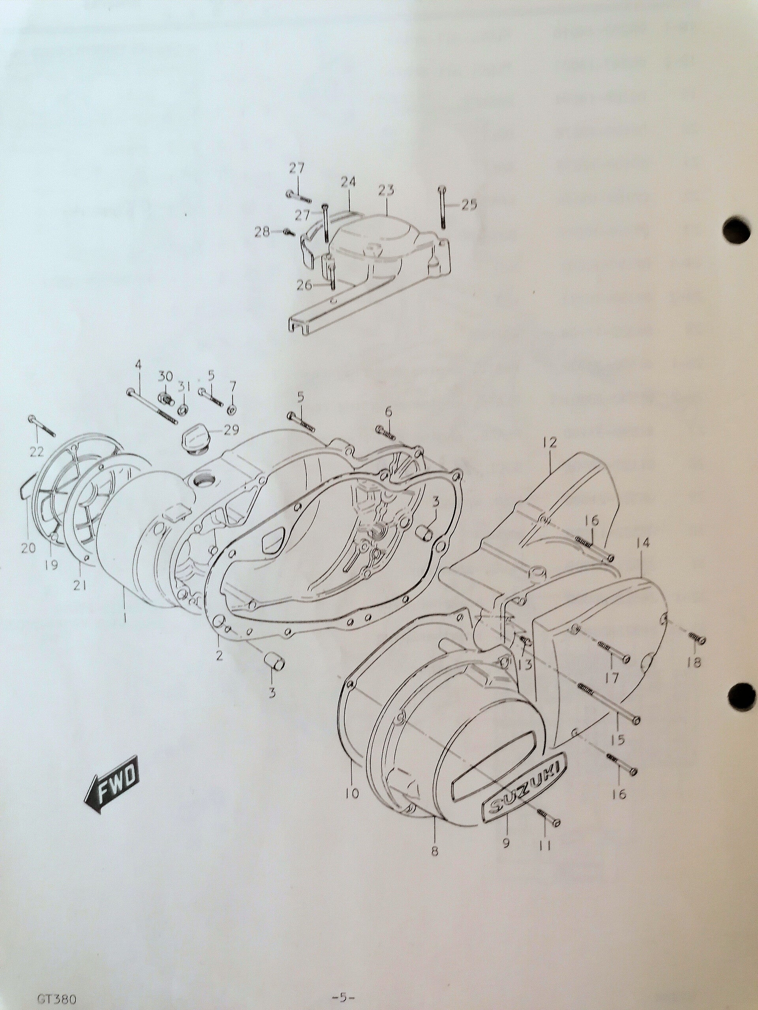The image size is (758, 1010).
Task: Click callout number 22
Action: pyautogui.click(x=37, y=452)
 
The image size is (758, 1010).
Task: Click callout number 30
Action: pyautogui.click(x=165, y=377)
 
